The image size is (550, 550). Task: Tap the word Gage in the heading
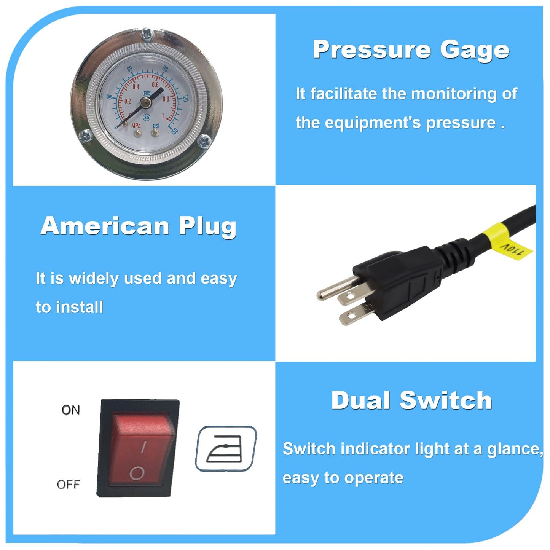tap(475, 51)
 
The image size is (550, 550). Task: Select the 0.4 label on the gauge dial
tap(136, 87)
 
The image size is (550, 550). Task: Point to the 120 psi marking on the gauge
tap(186, 99)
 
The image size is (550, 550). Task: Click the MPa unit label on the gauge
tap(136, 125)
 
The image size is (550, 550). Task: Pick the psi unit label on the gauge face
tap(156, 126)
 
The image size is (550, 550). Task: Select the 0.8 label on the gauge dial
tap(166, 99)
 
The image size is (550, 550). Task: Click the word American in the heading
tap(105, 226)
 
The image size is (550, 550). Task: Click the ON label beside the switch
tap(71, 410)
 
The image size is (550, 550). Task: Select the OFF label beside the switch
tap(69, 485)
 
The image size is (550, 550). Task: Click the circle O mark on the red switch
tap(137, 473)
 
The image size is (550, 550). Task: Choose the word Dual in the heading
tap(361, 400)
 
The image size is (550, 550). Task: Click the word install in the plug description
tap(80, 307)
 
